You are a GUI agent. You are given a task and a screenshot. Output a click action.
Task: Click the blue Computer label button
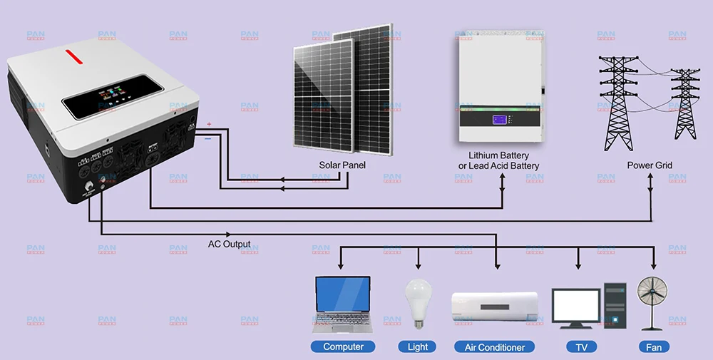tap(343, 347)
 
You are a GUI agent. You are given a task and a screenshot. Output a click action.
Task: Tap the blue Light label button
tap(418, 347)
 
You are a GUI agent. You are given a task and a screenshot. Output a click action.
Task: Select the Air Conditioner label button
tap(494, 347)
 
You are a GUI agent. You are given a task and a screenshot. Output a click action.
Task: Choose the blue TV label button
tap(581, 347)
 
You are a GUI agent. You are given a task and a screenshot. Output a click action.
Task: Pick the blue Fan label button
tap(653, 347)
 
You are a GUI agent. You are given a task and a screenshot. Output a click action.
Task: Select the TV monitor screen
tap(575, 304)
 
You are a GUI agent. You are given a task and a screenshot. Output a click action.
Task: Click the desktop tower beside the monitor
tap(614, 305)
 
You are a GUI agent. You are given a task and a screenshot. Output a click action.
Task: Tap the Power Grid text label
tap(650, 165)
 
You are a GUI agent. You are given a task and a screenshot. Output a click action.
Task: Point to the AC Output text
tap(229, 244)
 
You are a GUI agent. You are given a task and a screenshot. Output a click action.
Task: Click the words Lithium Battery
tap(498, 155)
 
